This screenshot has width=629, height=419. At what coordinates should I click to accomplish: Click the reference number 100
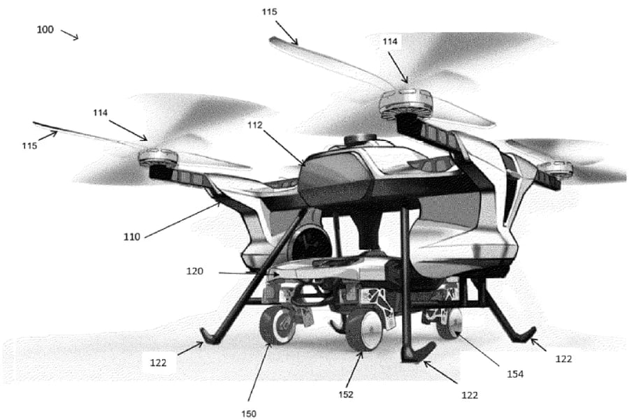click(44, 31)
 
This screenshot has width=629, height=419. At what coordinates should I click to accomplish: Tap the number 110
click(132, 237)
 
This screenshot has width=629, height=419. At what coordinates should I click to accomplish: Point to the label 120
click(196, 271)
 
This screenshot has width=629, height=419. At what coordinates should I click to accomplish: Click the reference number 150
click(249, 413)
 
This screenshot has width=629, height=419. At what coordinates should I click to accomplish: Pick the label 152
click(346, 394)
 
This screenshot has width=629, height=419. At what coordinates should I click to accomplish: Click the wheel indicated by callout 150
click(277, 326)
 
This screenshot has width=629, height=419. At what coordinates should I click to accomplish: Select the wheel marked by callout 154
click(449, 323)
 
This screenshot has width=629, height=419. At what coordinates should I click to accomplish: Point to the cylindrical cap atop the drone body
click(361, 140)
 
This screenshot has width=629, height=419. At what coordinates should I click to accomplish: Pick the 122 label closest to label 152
click(469, 395)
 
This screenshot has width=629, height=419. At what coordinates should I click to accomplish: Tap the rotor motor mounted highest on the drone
click(405, 103)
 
